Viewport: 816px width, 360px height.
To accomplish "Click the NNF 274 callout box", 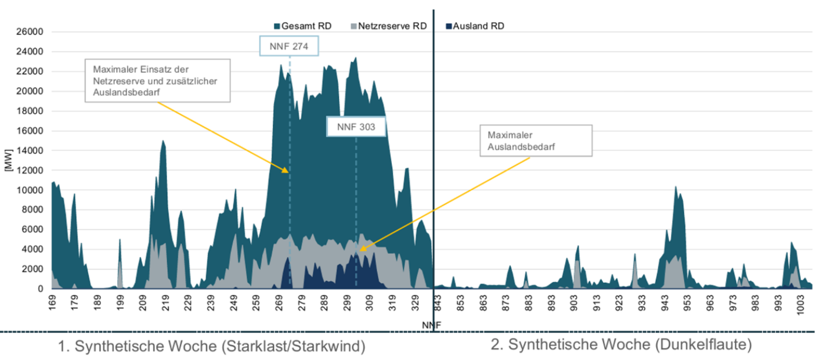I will click(x=289, y=46).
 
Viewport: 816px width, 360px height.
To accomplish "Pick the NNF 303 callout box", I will click(x=356, y=127).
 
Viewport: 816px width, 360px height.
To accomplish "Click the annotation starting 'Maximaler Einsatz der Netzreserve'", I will click(x=157, y=80).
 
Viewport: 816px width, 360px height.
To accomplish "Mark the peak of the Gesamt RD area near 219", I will click(x=163, y=141).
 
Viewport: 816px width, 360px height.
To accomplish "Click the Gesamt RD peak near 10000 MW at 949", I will click(x=676, y=187).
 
